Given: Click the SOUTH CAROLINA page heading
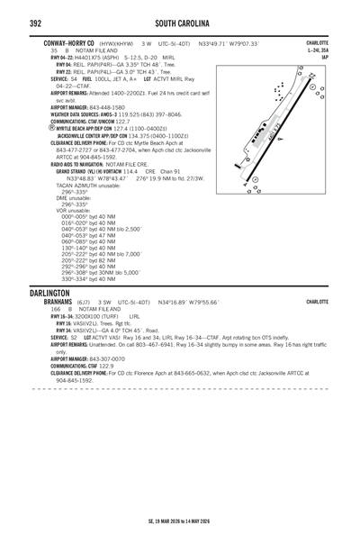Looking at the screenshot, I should (x=179, y=21).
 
